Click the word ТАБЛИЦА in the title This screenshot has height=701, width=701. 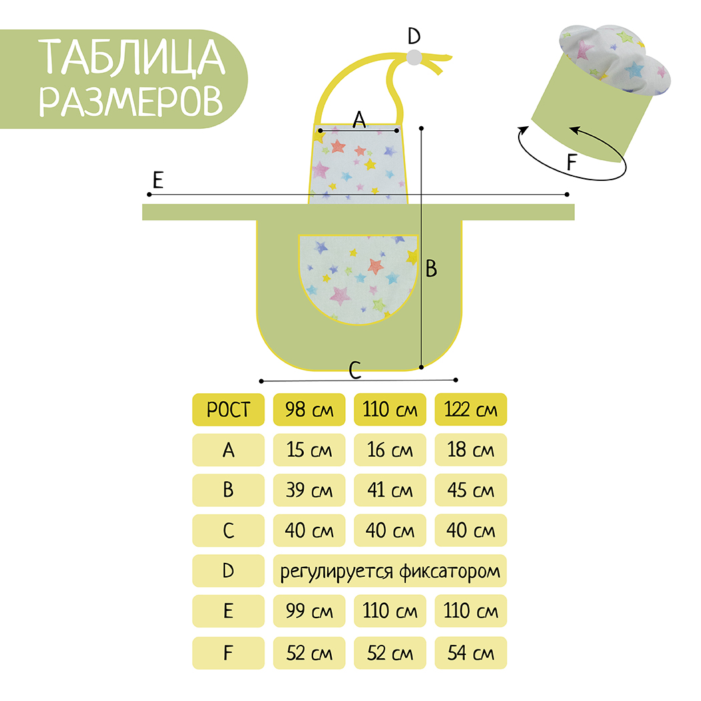(x=132, y=58)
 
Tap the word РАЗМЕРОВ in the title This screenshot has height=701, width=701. (x=132, y=99)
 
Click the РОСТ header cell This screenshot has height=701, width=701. (x=228, y=409)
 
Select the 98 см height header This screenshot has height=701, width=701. (x=309, y=409)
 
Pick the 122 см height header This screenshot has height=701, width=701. (x=471, y=409)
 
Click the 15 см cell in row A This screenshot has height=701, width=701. (x=309, y=450)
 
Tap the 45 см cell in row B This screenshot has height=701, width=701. (x=471, y=490)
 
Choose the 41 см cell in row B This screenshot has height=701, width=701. (x=390, y=490)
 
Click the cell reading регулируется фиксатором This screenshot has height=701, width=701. (x=390, y=571)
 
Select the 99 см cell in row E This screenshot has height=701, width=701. (x=309, y=611)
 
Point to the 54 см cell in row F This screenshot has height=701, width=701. (x=471, y=652)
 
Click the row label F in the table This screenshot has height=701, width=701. (x=228, y=652)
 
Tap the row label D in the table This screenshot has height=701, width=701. (x=228, y=571)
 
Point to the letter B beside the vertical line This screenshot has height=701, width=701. (x=431, y=268)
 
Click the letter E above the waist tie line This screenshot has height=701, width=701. (x=158, y=180)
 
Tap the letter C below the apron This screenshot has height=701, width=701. (x=355, y=368)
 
